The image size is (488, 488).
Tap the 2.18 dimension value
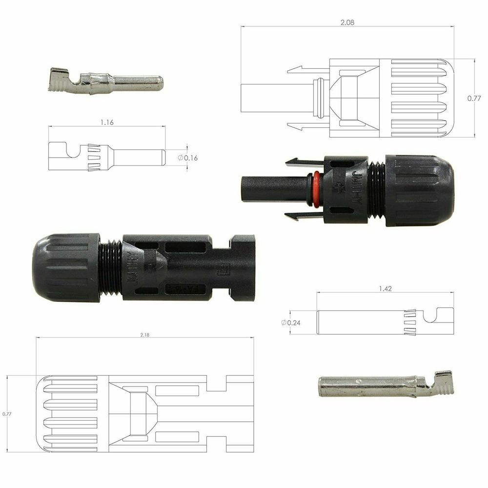[144, 335]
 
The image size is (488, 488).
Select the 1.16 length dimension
[107, 123]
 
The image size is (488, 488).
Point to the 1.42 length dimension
[385, 289]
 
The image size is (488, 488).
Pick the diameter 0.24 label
[291, 323]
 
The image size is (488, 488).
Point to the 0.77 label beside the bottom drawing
[7, 414]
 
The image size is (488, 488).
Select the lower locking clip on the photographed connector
[298, 215]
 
